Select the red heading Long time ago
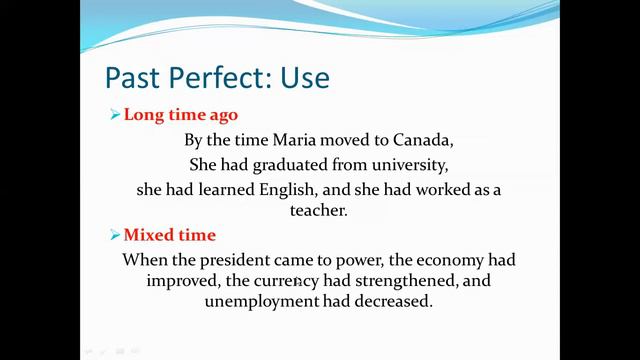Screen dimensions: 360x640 click(x=181, y=114)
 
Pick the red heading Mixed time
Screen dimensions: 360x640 click(x=169, y=235)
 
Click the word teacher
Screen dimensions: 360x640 click(x=318, y=211)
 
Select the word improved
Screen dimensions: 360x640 click(x=183, y=280)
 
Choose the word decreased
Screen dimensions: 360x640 click(x=391, y=300)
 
